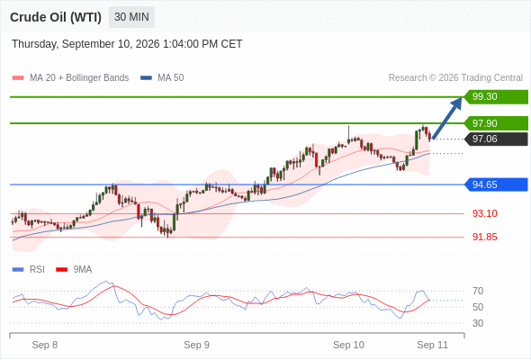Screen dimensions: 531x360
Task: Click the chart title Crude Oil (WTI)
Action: pos(56,17)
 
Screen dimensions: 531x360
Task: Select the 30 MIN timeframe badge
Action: pos(131,17)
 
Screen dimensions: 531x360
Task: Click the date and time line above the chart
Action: pos(127,44)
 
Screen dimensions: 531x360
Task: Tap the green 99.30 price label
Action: pos(496,96)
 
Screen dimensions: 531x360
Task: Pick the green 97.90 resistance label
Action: pos(496,123)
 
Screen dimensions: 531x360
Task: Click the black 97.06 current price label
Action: pos(496,139)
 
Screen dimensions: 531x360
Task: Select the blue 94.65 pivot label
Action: pos(496,184)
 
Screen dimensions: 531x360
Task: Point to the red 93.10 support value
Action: pos(484,213)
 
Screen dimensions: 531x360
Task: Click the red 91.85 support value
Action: pos(484,237)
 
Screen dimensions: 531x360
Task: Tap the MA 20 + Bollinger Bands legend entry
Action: pos(70,77)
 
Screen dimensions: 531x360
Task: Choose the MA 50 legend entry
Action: pos(162,77)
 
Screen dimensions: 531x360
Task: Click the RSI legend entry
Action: pos(29,269)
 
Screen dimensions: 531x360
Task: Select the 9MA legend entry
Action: pos(74,269)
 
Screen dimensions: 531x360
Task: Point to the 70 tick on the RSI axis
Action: pos(478,291)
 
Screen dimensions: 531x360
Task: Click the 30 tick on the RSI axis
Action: pos(478,323)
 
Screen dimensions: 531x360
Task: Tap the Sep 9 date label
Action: pos(196,345)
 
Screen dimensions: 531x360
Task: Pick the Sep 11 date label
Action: pos(433,345)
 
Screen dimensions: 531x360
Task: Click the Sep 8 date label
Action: pos(45,345)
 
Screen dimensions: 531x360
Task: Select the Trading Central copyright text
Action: pos(455,77)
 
